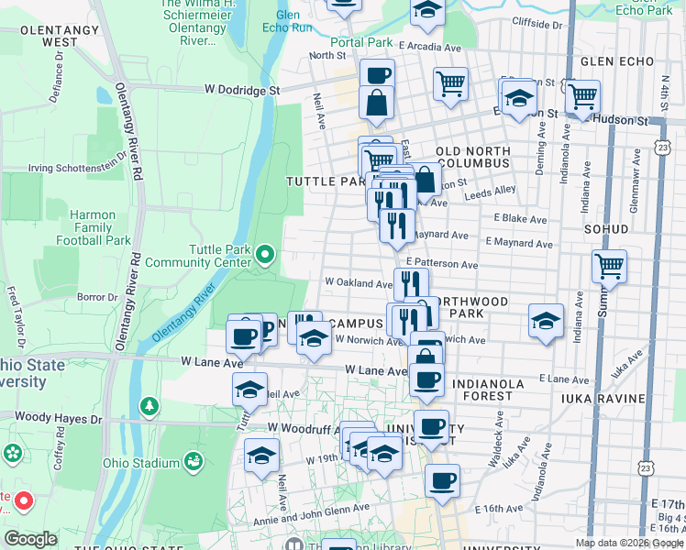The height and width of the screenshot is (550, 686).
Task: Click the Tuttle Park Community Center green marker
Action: (266, 254)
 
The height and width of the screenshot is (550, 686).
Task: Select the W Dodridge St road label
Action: (241, 91)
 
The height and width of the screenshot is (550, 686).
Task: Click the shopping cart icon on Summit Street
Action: (609, 267)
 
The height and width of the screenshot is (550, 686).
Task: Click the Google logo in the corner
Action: (29, 539)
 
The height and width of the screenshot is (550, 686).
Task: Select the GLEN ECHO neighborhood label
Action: (618, 61)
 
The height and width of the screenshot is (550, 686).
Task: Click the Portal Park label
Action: (362, 42)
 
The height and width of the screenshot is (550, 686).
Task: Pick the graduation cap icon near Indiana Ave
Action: (546, 322)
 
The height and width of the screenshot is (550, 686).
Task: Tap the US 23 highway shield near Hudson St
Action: (662, 147)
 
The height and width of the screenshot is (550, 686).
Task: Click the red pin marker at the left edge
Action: (24, 500)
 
